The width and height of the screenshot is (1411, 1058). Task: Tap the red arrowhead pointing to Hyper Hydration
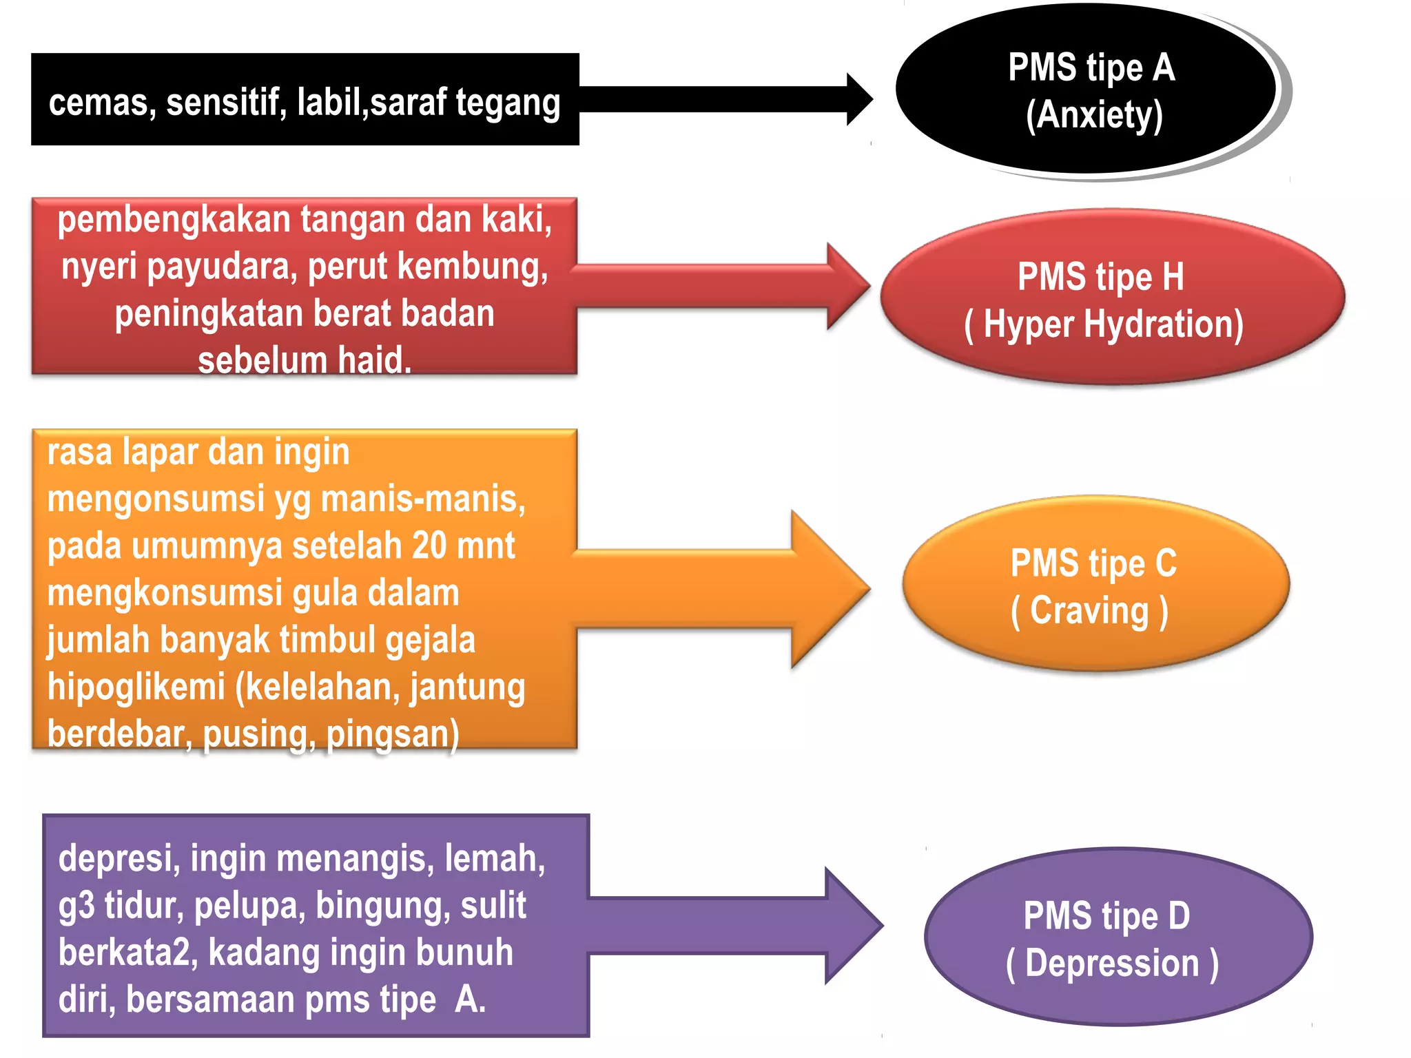pyautogui.click(x=847, y=286)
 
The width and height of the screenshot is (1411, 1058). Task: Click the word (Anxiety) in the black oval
pyautogui.click(x=1094, y=115)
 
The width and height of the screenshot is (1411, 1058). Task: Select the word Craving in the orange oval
pyautogui.click(x=1089, y=611)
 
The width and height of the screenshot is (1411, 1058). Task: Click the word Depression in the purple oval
pyautogui.click(x=1111, y=963)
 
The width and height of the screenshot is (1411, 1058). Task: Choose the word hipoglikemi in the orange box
pyautogui.click(x=136, y=687)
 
